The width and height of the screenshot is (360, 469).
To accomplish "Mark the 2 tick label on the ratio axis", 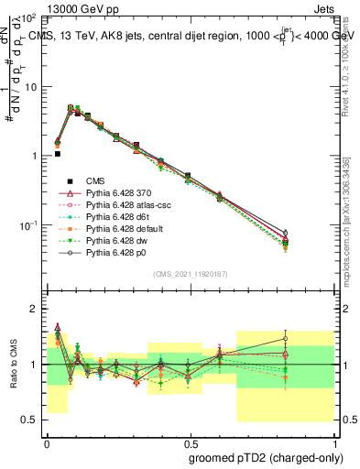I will [35, 309].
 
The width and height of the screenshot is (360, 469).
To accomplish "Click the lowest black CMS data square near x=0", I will [57, 154].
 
